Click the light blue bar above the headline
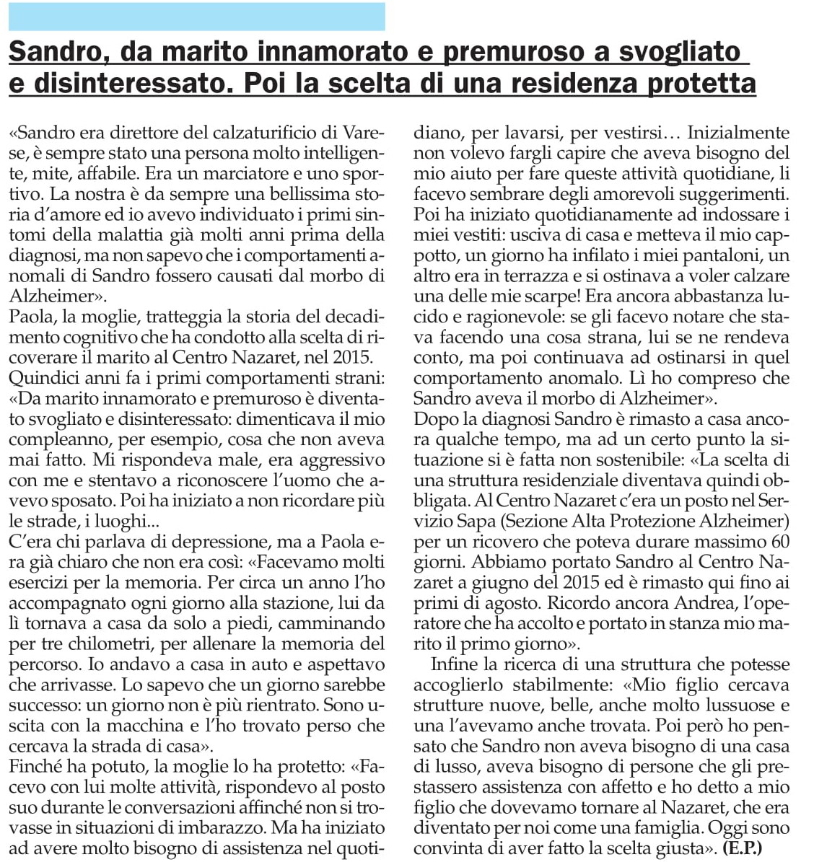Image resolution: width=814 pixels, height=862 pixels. click(x=196, y=16)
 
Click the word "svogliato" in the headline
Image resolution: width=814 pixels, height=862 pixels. click(x=669, y=52)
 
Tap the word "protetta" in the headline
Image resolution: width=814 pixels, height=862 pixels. click(x=701, y=84)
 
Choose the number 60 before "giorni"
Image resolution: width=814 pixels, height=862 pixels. click(x=780, y=541)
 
